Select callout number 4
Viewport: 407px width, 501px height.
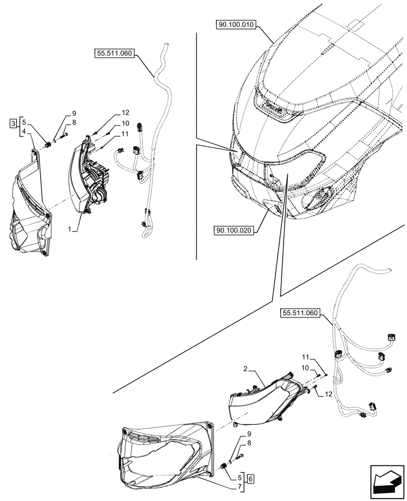(x=23, y=133)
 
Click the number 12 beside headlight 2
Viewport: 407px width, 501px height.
(x=328, y=394)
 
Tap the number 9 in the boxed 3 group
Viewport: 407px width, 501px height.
(x=73, y=113)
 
